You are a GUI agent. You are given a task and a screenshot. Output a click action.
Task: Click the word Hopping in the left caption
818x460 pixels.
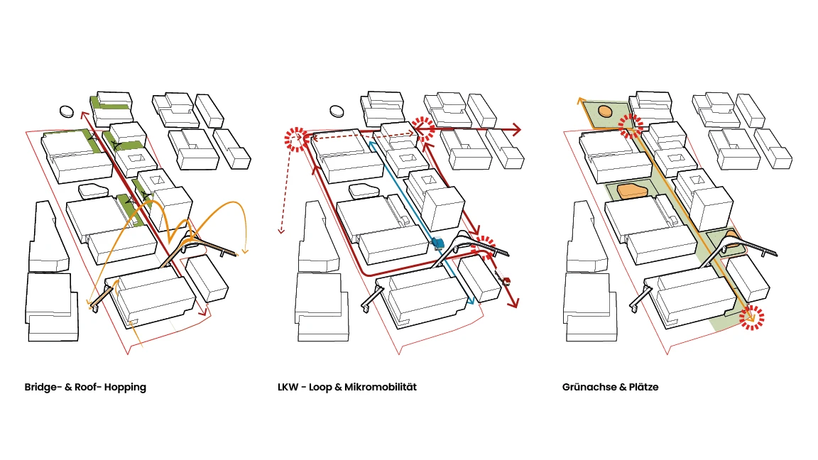(x=125, y=388)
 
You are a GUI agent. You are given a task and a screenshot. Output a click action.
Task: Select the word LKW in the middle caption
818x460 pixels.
(x=288, y=387)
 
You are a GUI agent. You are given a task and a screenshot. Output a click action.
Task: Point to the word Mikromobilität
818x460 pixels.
(x=381, y=387)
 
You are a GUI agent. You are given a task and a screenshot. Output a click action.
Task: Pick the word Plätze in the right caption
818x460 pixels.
(x=643, y=387)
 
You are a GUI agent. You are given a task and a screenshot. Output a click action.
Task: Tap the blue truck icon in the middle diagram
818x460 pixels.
(x=437, y=243)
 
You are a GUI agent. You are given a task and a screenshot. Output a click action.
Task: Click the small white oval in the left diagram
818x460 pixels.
(x=67, y=111)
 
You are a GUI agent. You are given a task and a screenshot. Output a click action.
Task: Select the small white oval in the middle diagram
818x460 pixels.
(x=337, y=111)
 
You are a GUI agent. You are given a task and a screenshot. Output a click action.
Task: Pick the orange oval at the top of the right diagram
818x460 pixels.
(x=605, y=111)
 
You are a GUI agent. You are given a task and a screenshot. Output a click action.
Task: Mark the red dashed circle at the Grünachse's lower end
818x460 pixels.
(x=751, y=317)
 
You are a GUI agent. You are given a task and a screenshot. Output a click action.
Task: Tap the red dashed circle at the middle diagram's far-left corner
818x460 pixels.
(x=296, y=139)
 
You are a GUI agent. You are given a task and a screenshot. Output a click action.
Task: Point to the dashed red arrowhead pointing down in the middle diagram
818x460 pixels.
(x=281, y=230)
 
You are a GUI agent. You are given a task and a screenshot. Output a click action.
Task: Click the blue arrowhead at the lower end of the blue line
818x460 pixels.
(x=471, y=301)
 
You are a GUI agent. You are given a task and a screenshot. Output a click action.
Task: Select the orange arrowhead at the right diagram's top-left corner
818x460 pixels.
(x=579, y=101)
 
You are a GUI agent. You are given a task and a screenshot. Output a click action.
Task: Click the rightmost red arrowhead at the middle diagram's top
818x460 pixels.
(x=516, y=130)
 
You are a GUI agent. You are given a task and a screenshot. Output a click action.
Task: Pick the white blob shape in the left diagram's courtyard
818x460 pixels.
(x=94, y=190)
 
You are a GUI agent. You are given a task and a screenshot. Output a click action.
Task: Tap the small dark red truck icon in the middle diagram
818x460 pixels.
(x=506, y=282)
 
